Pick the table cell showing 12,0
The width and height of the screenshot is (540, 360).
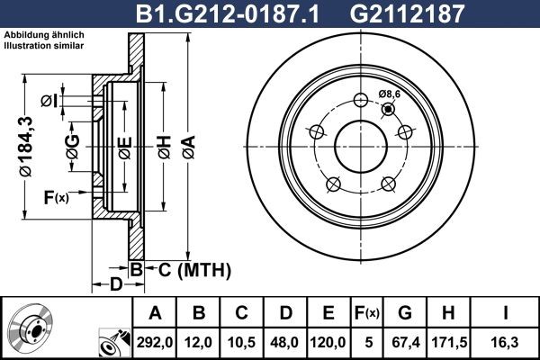pyautogui.click(x=200, y=342)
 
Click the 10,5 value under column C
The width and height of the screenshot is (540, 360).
pyautogui.click(x=243, y=342)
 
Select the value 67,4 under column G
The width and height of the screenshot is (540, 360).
pyautogui.click(x=405, y=342)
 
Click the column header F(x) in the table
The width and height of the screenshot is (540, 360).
pyautogui.click(x=368, y=313)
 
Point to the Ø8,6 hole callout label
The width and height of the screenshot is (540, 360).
pyautogui.click(x=390, y=94)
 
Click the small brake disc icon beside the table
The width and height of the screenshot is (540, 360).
pyautogui.click(x=32, y=329)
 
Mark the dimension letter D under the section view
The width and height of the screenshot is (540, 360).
pyautogui.click(x=115, y=286)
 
